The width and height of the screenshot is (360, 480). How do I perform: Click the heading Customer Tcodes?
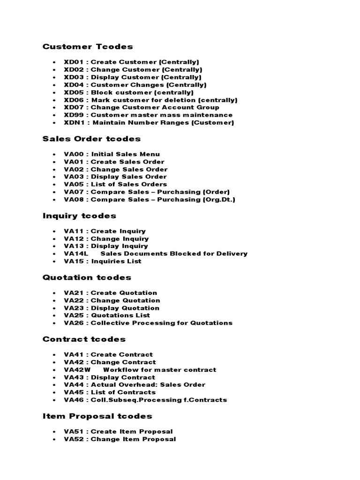tap(88, 46)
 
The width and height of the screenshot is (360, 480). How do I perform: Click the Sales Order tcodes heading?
tap(91, 139)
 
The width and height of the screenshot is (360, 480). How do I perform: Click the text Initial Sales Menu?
tap(126, 154)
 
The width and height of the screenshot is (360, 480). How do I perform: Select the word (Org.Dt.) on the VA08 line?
tap(218, 199)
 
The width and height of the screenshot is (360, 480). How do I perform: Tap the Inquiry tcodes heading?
tap(79, 216)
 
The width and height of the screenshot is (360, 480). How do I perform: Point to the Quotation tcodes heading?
tap(87, 277)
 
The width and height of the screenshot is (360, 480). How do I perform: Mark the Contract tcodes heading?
tap(84, 339)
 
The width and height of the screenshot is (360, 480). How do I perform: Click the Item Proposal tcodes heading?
tap(97, 416)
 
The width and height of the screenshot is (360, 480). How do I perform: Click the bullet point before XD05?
tap(55, 92)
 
